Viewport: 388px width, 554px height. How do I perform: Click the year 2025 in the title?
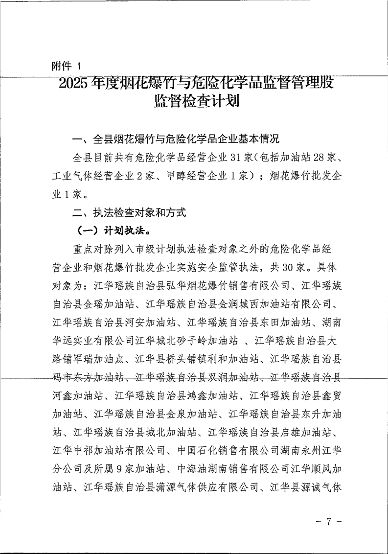tap(72, 83)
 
